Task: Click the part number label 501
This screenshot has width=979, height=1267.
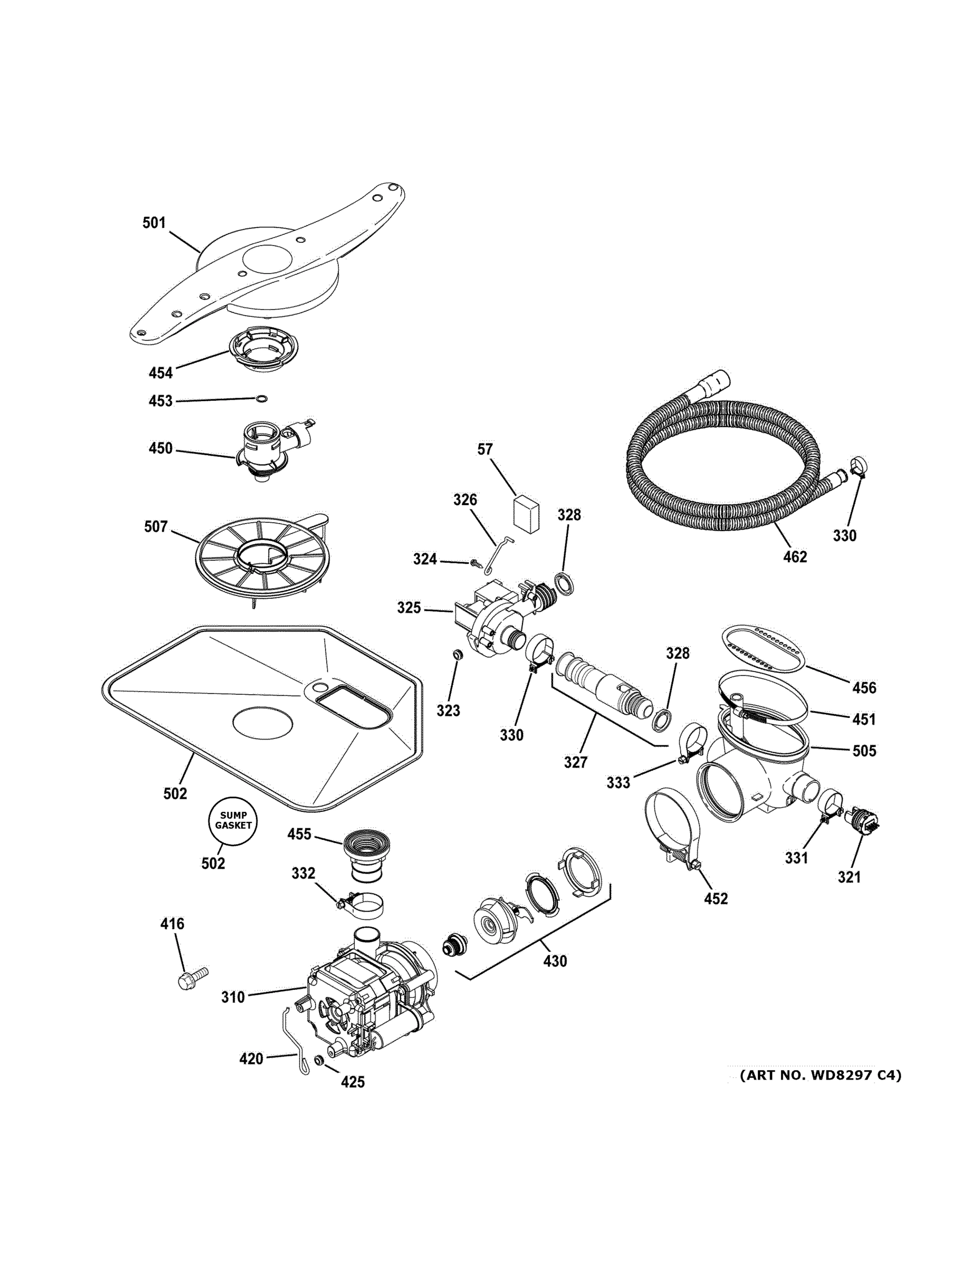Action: click(154, 223)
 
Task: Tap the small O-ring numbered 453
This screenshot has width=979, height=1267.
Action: click(262, 399)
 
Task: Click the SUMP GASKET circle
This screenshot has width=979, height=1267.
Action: click(233, 820)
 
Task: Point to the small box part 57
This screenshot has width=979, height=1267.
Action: click(527, 512)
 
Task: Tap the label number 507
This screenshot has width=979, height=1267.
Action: click(156, 527)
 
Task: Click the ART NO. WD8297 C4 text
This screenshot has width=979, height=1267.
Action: click(820, 1075)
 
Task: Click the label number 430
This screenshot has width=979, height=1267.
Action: click(555, 961)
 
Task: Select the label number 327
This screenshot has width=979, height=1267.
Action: click(575, 762)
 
